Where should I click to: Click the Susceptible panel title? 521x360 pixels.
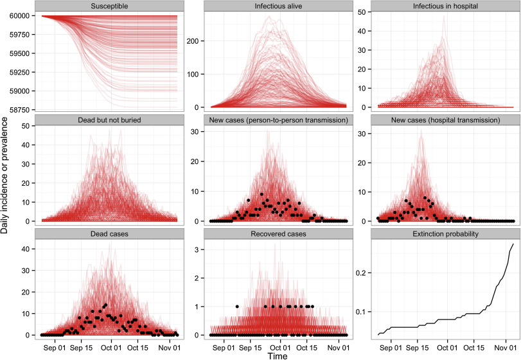point(109,6)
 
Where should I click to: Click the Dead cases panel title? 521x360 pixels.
point(109,235)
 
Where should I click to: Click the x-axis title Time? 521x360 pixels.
point(278,354)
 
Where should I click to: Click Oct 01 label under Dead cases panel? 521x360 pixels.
point(110,346)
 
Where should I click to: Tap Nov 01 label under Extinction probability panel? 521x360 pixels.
point(500,346)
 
